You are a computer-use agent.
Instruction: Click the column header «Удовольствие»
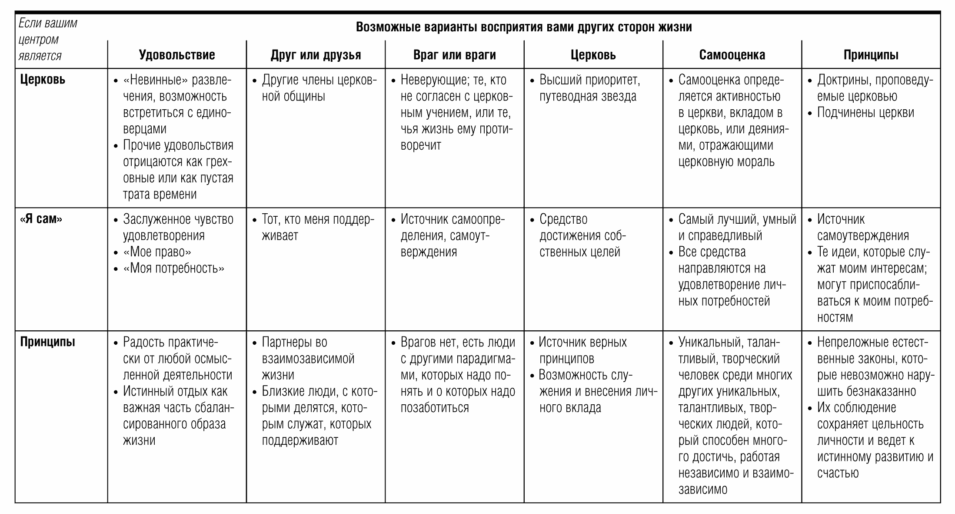pos(177,55)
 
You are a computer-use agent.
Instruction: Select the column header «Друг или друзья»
pos(316,55)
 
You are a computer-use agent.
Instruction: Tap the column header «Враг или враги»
pos(454,55)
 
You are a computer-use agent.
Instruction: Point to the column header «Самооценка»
pos(732,55)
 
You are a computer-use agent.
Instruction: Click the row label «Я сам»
pos(41,219)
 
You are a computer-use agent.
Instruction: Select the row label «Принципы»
pos(47,342)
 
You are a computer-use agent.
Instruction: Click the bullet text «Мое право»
pos(157,252)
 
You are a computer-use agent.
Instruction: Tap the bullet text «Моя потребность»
pos(174,269)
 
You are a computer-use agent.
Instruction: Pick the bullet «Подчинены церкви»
pos(865,113)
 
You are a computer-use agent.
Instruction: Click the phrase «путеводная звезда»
pos(588,96)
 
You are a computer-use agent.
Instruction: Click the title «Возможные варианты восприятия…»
pos(523,27)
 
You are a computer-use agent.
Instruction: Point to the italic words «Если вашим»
pos(48,23)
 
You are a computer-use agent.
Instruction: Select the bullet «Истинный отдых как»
pos(175,392)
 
